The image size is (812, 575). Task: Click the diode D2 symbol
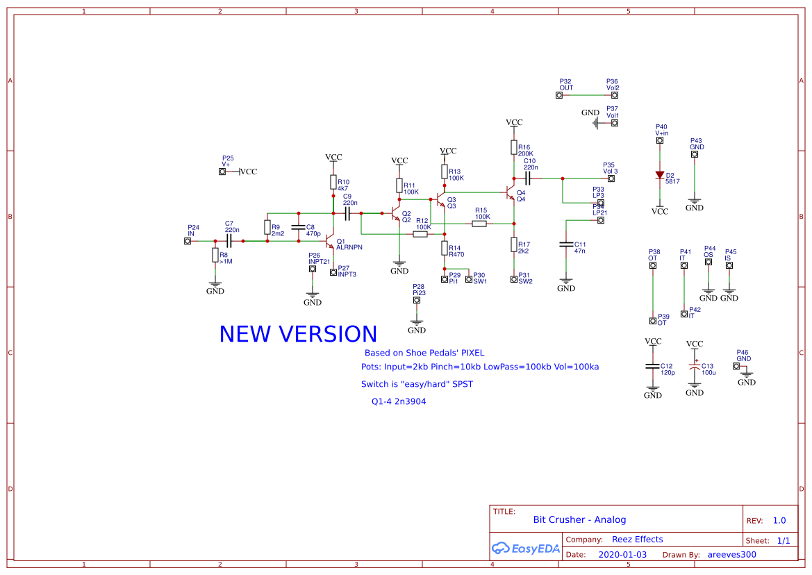[659, 176]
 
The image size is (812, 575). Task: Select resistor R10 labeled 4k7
[333, 182]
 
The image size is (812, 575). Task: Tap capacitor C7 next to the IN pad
[229, 241]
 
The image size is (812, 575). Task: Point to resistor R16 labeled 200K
[514, 147]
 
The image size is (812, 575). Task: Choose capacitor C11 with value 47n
[566, 244]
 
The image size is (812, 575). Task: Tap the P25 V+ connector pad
[222, 172]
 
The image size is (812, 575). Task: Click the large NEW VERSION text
[298, 334]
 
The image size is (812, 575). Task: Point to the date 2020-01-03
[622, 555]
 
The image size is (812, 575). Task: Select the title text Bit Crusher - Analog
[579, 519]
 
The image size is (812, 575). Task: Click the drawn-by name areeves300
[731, 555]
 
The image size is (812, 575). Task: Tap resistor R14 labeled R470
[445, 248]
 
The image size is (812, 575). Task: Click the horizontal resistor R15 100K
[479, 224]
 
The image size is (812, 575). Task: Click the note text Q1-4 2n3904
[399, 401]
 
